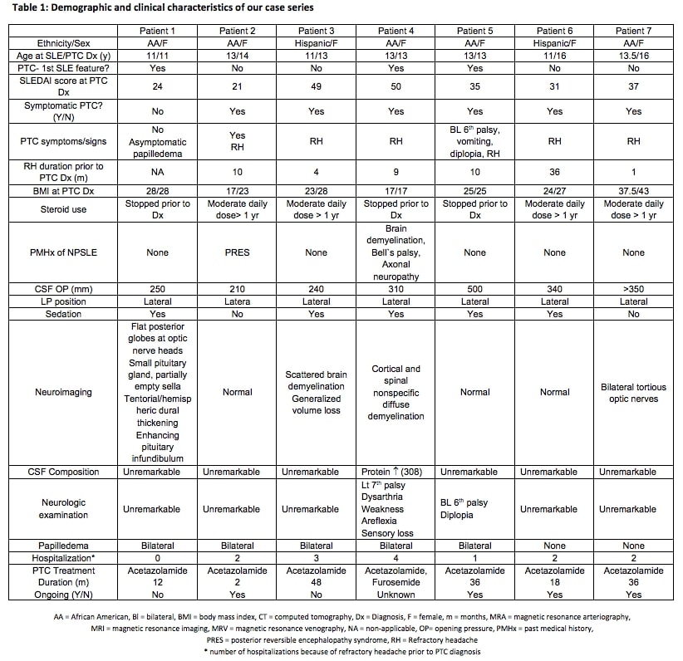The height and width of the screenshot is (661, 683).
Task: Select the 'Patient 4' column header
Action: coord(396,31)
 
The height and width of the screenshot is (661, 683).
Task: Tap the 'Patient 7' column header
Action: coord(633,31)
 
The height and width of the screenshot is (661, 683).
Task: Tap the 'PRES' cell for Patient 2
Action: coord(237,252)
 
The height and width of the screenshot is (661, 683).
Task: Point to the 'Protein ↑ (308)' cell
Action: coord(396,472)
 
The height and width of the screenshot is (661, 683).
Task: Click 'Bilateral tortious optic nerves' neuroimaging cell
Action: coord(633,393)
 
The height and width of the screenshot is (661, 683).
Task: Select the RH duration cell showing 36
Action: coord(554,171)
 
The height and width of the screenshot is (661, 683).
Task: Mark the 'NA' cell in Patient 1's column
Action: coord(158,171)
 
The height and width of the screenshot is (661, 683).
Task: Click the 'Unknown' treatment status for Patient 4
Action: coord(396,595)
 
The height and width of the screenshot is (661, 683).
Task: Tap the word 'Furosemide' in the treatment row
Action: coord(396,582)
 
